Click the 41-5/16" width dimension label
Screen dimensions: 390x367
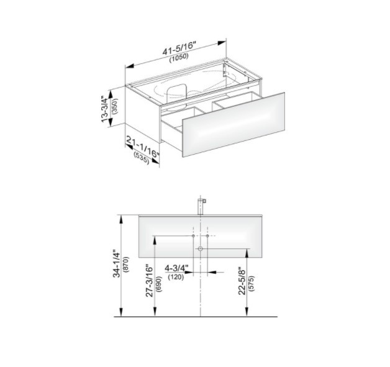[179, 48]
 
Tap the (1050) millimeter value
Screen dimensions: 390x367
[179, 58]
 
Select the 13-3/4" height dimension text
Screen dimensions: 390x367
[105, 109]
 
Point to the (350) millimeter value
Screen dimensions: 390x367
[115, 106]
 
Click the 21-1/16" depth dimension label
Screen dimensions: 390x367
[142, 147]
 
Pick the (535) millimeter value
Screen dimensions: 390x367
[141, 158]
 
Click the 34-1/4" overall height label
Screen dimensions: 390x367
[117, 263]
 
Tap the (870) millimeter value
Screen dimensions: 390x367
[126, 265]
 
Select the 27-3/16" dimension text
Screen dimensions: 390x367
[149, 281]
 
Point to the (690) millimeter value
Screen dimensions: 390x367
[158, 284]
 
